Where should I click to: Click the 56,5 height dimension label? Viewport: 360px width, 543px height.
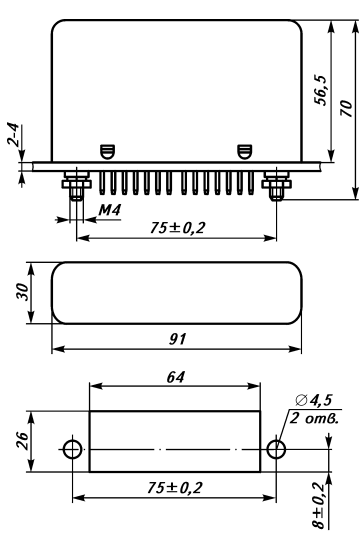click(320, 90)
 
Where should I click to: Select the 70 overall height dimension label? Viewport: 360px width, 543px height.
click(346, 108)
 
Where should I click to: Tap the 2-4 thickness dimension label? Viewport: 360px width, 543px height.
click(13, 134)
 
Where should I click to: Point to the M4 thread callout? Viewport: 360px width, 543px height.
click(110, 210)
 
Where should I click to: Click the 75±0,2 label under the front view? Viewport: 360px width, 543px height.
click(177, 228)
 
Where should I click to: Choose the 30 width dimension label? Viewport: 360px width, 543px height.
click(21, 292)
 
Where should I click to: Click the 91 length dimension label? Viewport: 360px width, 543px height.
click(178, 339)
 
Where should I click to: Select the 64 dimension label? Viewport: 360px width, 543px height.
click(176, 377)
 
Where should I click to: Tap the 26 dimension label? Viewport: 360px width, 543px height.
click(23, 440)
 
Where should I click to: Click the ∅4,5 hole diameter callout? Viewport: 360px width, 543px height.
click(314, 400)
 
